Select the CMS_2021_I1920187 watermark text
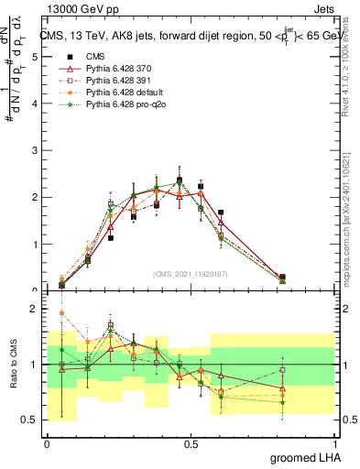191,273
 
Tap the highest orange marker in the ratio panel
61,312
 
